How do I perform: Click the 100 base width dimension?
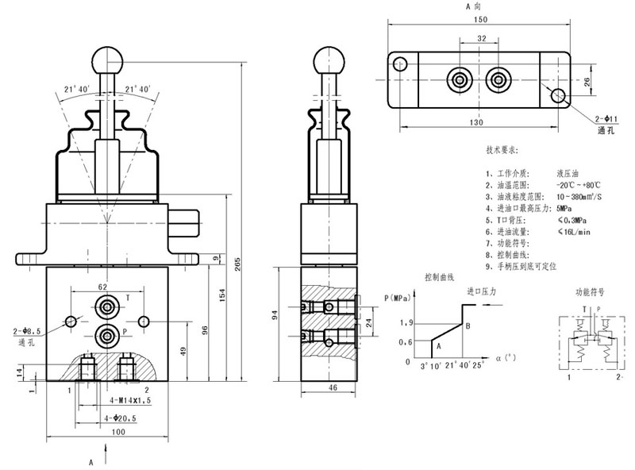coord(106,431)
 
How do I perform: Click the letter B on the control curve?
coord(468,326)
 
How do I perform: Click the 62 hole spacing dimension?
coord(102,287)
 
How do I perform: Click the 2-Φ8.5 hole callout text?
coord(26,331)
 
